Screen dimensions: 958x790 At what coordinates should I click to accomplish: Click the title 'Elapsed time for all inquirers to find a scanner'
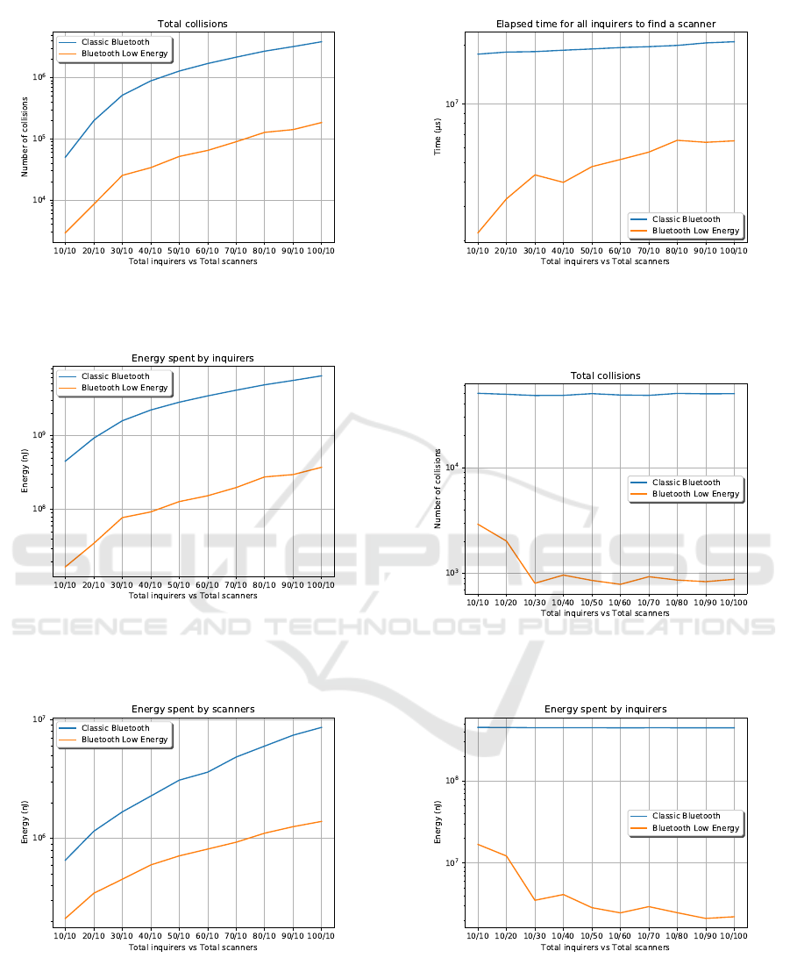pos(605,24)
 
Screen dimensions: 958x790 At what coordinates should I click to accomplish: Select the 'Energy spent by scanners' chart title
pos(193,709)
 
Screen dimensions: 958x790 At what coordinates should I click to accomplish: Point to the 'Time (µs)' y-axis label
pos(438,138)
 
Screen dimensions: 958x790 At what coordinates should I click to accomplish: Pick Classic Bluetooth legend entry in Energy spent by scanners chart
pos(116,728)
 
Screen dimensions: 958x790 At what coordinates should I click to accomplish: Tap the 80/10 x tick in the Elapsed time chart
pos(677,251)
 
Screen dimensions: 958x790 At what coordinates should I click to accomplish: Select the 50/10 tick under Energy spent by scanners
pos(179,937)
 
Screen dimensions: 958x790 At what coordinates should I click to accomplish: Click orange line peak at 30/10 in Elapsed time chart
pos(535,175)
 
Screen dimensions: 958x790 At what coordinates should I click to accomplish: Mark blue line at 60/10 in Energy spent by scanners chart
pos(208,772)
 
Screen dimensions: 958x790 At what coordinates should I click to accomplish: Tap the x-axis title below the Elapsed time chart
pos(605,261)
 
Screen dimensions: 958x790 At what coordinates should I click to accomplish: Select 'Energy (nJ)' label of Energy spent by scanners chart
pos(26,826)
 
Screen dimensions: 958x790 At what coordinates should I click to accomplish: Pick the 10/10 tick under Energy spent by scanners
pos(65,937)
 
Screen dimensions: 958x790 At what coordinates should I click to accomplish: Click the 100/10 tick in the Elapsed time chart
pos(733,251)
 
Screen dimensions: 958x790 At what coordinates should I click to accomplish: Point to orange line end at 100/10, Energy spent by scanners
pos(321,821)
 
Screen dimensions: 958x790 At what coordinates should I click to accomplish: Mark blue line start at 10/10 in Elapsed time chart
pos(478,54)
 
